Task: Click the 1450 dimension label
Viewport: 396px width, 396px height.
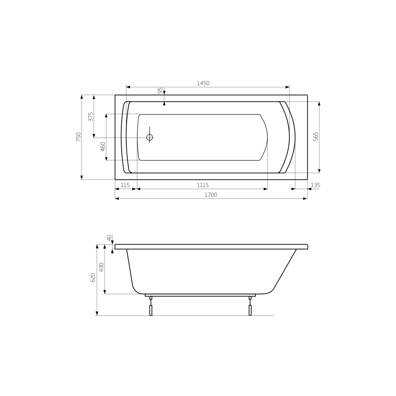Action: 203,83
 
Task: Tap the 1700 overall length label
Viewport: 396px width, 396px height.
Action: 211,195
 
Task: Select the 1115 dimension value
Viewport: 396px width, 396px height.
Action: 203,185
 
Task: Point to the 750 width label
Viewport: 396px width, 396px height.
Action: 79,137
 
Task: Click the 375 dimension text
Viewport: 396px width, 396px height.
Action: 91,116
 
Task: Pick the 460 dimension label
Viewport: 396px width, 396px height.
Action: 103,147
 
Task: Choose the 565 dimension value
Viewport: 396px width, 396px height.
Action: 316,136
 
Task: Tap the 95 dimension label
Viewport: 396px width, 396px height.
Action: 160,90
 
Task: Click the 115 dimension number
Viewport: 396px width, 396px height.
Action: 125,185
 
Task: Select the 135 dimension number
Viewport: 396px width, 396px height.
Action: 315,185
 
